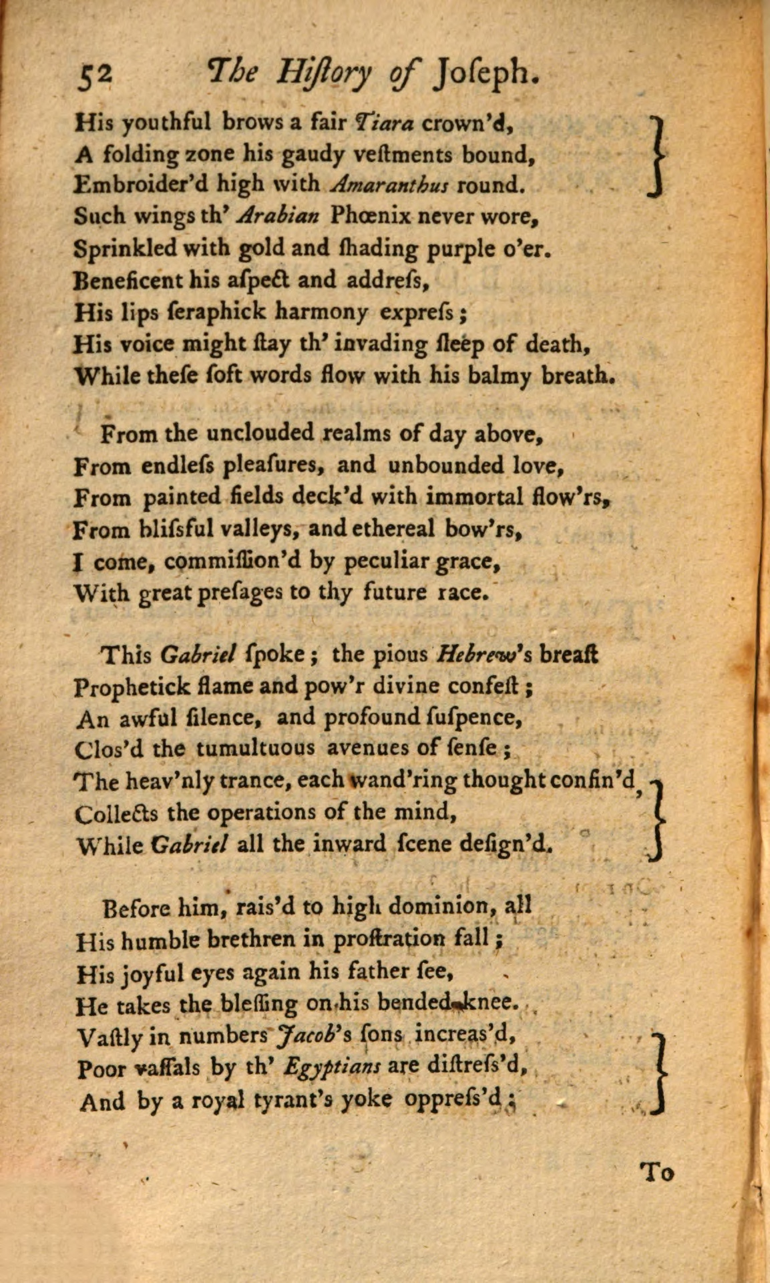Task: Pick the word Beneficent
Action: (127, 280)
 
